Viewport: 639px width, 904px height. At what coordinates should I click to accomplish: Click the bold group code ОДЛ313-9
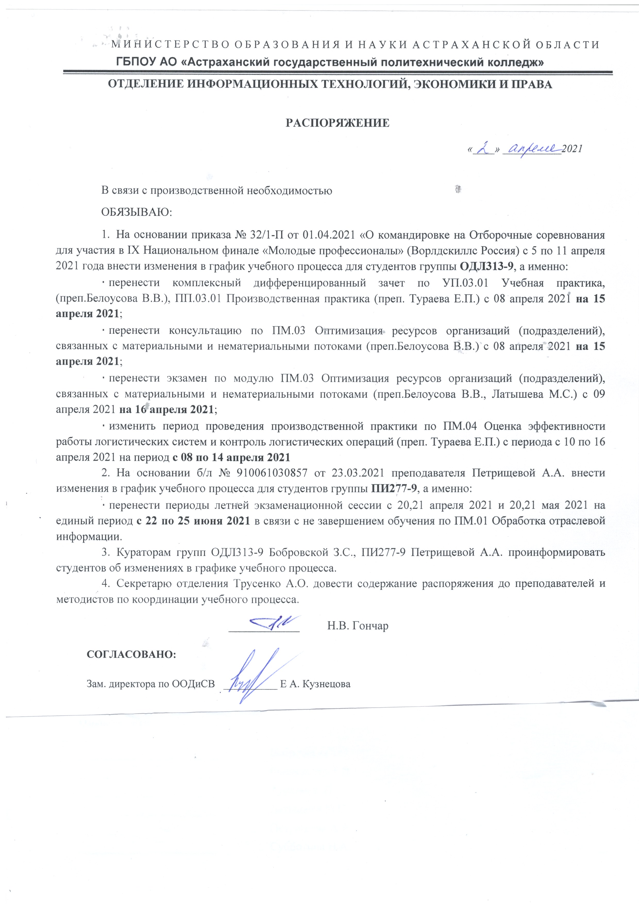(487, 266)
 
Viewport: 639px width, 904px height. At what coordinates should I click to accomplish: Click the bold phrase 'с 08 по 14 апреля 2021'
(231, 457)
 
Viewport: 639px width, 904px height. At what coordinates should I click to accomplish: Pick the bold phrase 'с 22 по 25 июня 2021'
(193, 521)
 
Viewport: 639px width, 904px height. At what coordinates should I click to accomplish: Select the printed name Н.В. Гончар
(357, 626)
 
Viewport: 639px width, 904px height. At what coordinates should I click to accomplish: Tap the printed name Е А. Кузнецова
(315, 684)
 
